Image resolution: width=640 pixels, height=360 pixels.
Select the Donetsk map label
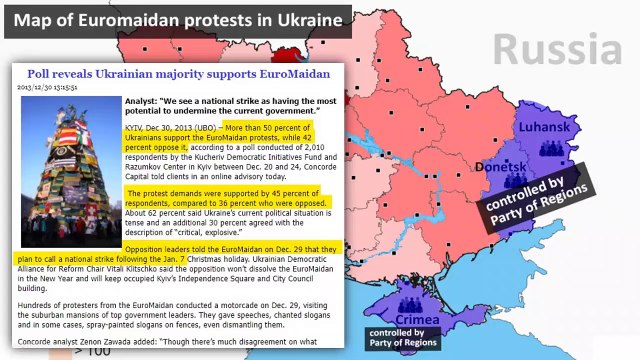click(502, 167)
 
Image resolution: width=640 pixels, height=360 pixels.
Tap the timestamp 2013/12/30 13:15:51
click(48, 87)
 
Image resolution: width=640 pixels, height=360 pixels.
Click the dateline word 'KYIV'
click(133, 128)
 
